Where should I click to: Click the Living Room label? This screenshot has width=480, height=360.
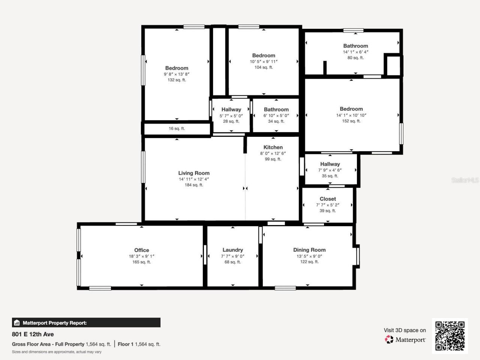(x=193, y=173)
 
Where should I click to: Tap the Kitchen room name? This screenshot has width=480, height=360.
(x=273, y=147)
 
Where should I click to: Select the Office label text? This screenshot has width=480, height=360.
(x=141, y=250)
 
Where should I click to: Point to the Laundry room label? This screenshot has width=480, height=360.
(x=232, y=250)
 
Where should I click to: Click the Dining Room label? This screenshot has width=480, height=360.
(x=309, y=250)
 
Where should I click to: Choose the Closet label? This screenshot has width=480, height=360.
(x=328, y=199)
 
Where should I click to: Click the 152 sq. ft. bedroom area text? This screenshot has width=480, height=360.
(x=351, y=121)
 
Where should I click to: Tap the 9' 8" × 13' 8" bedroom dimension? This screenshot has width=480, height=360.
(x=177, y=74)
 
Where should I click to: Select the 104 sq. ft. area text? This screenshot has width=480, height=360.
(x=264, y=67)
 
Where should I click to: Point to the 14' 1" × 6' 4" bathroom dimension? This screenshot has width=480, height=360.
(x=355, y=52)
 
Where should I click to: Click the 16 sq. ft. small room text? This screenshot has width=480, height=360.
(x=177, y=129)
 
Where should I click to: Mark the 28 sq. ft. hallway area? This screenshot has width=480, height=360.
(x=231, y=121)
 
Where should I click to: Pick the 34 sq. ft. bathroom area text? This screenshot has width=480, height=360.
(x=276, y=121)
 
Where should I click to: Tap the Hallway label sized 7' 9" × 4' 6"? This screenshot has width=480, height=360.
(x=330, y=164)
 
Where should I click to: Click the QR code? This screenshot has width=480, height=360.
(x=450, y=336)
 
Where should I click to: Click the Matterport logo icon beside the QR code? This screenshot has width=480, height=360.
(x=389, y=340)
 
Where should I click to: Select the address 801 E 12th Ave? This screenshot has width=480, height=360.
(x=33, y=334)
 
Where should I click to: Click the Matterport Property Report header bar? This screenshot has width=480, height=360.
(x=86, y=322)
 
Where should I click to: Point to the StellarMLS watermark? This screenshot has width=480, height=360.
(x=465, y=180)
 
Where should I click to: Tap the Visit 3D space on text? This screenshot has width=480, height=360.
(x=405, y=330)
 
